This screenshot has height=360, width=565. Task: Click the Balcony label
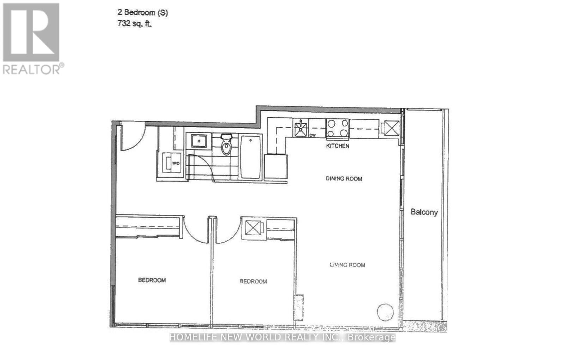424,212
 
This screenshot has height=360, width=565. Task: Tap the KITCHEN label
338,146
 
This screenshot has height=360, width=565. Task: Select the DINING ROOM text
344,179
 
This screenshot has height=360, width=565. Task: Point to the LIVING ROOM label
347,265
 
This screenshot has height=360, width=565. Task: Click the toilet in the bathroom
226,145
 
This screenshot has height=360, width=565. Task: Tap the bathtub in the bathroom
251,157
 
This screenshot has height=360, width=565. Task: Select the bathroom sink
198,141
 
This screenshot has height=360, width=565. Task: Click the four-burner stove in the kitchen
337,128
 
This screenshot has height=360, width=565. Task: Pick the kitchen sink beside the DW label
301,128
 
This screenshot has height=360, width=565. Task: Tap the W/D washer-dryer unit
172,163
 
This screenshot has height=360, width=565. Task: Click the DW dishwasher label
312,135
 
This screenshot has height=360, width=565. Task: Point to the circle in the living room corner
385,312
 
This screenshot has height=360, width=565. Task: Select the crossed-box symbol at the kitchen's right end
391,128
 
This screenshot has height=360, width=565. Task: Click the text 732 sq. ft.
135,24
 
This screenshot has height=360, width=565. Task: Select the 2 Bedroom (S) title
143,13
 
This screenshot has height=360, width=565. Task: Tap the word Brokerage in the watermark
371,337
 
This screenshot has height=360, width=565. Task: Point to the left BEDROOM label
152,280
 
